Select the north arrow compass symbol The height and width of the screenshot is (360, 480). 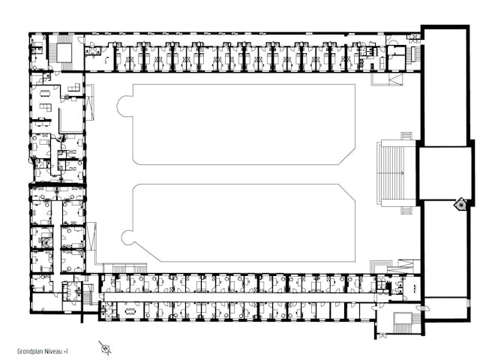point(105,348)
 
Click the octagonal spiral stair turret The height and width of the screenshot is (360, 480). point(460,204)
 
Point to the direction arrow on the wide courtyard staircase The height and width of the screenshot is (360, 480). point(402,173)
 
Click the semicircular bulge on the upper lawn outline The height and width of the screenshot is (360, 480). point(124,106)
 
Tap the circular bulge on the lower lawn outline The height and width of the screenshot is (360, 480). point(127,238)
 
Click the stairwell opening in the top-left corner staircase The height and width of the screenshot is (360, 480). point(64,52)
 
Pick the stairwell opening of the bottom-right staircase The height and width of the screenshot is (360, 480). point(402,318)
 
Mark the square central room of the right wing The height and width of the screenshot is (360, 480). point(445,173)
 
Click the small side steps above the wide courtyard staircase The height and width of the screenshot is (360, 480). point(406,136)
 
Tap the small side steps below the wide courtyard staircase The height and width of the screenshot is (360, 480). point(406,210)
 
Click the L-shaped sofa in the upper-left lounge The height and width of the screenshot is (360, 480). point(46,108)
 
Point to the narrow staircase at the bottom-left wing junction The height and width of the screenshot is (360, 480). point(88,295)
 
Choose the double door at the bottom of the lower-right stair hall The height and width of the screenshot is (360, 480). point(382,336)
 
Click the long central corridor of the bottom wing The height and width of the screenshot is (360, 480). point(238,297)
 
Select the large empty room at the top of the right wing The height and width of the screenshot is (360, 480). point(445,85)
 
